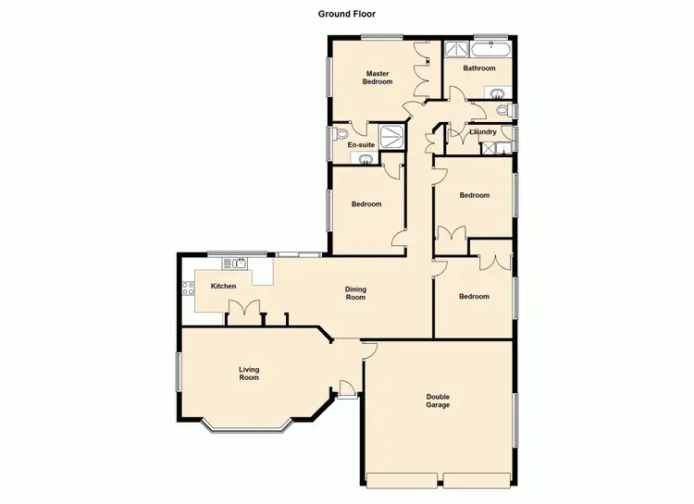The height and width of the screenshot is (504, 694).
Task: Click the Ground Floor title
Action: click(347, 14)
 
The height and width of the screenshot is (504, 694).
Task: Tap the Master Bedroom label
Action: click(378, 78)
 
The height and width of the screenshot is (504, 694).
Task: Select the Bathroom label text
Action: click(479, 68)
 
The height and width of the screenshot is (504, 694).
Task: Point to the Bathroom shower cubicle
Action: click(455, 50)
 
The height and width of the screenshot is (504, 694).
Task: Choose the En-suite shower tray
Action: click(394, 137)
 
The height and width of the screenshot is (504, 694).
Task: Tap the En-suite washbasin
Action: click(366, 159)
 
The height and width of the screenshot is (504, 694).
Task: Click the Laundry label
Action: click(483, 132)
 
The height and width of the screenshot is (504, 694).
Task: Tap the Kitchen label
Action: click(224, 286)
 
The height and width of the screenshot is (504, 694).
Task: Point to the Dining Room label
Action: click(355, 292)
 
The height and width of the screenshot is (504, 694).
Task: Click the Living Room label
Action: click(249, 374)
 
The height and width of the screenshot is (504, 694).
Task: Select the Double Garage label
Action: click(438, 400)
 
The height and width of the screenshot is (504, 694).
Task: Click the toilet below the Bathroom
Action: click(502, 111)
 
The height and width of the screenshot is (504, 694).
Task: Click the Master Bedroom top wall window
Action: click(381, 38)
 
